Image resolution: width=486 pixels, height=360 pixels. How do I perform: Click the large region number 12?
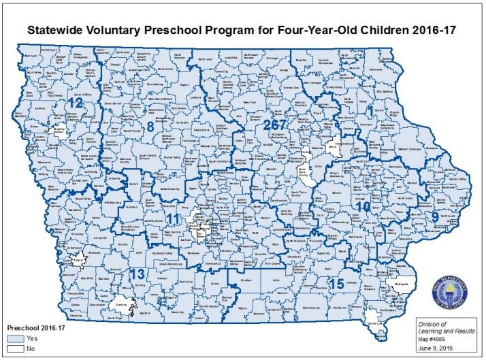[x=74, y=104]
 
